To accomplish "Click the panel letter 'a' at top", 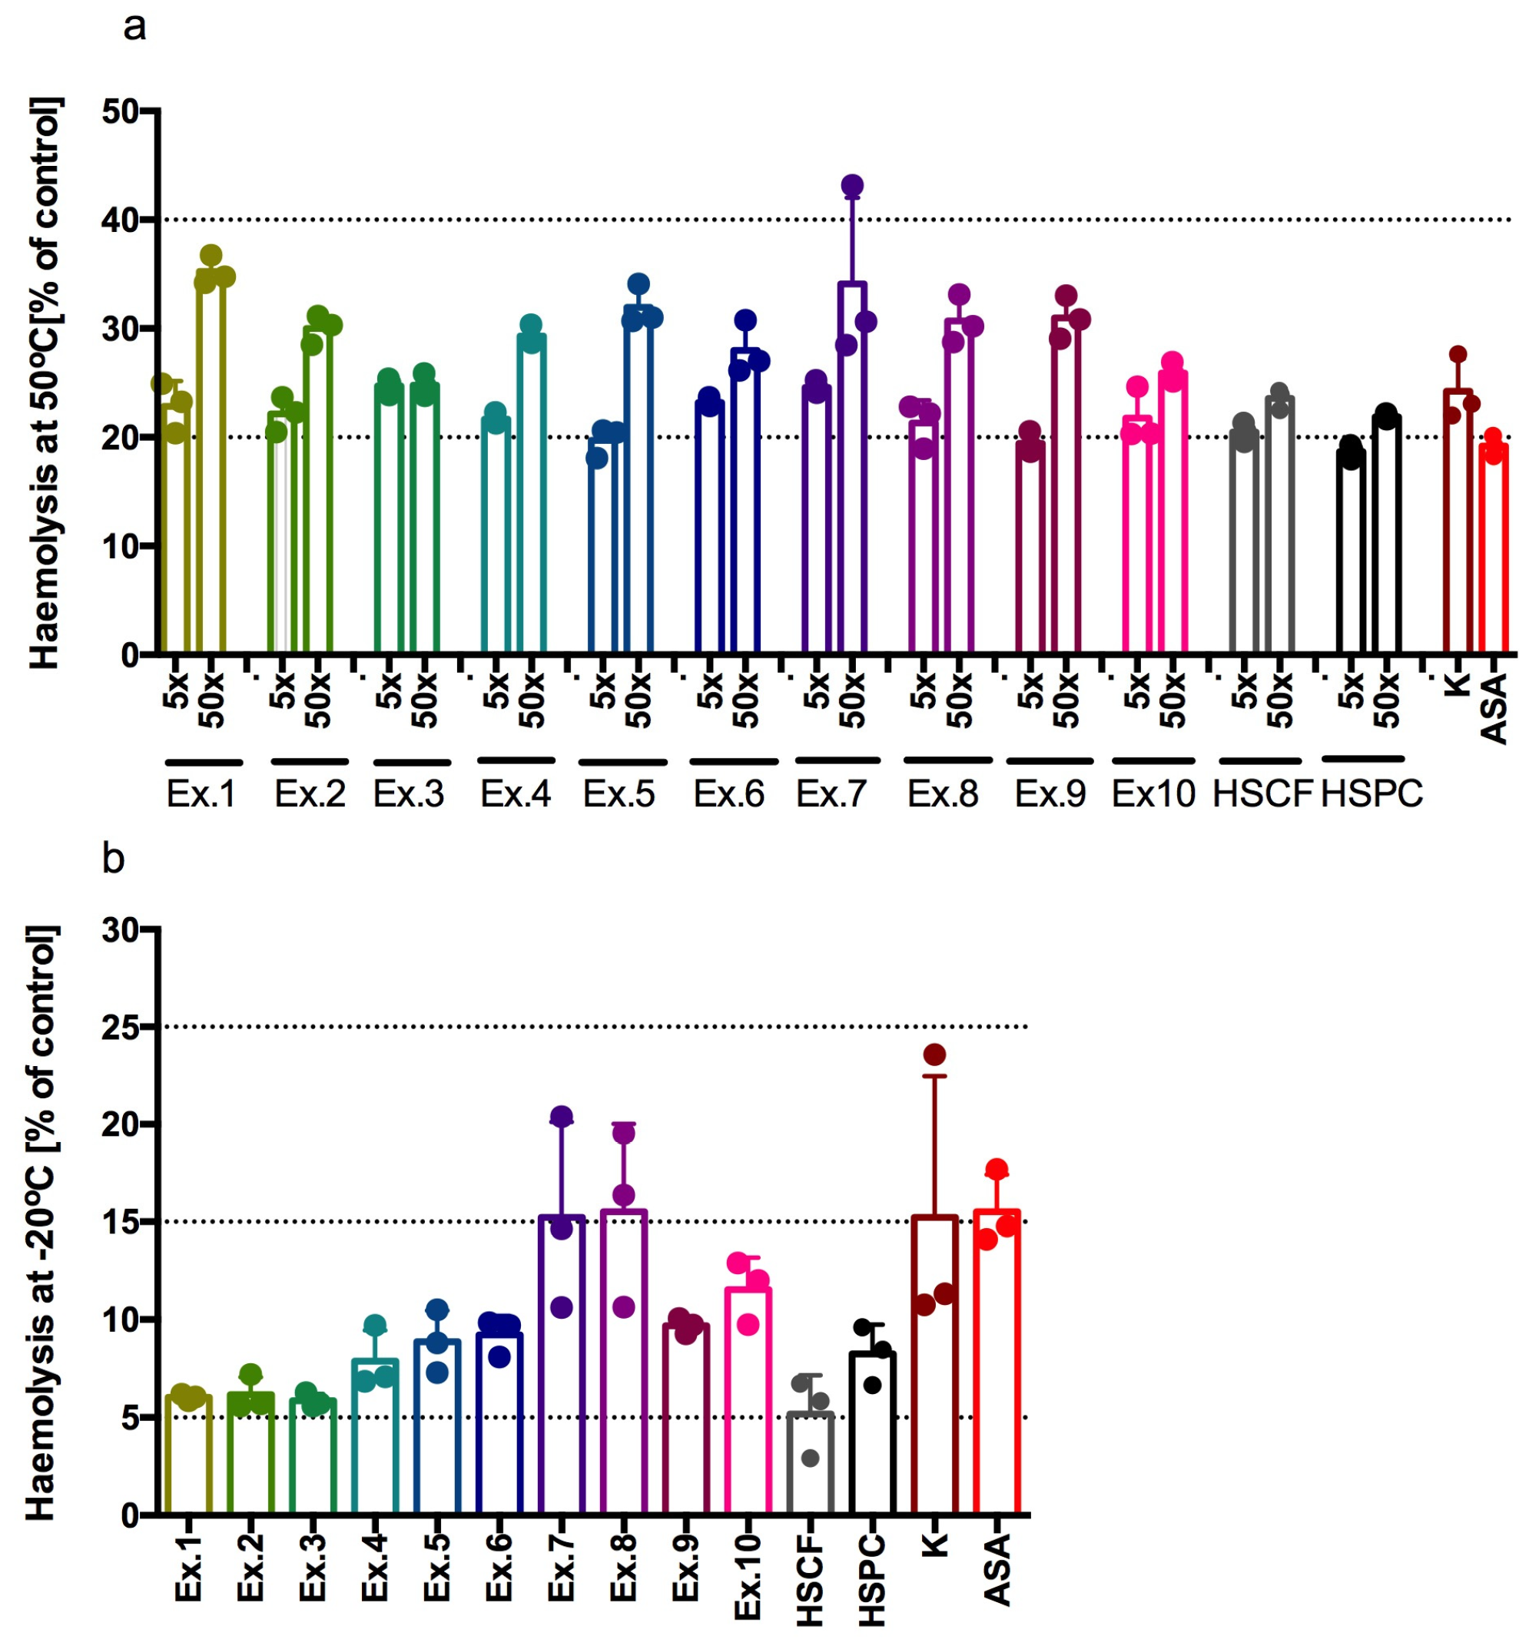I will click(134, 28).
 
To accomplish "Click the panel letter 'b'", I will click(113, 859).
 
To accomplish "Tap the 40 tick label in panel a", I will click(121, 220).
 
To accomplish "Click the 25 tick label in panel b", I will click(121, 1028).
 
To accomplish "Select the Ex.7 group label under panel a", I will click(831, 794).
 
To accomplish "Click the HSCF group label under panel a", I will click(1262, 794).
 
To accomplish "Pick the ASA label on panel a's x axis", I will click(1494, 709).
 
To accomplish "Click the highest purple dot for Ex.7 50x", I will click(852, 185).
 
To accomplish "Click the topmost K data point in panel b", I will click(934, 1055).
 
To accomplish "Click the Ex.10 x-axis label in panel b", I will click(748, 1576).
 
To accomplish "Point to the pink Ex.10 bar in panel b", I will click(748, 1402).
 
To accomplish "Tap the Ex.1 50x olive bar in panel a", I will click(211, 465).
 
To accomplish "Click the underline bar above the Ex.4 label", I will click(516, 760).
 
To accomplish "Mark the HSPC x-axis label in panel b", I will click(872, 1580).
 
